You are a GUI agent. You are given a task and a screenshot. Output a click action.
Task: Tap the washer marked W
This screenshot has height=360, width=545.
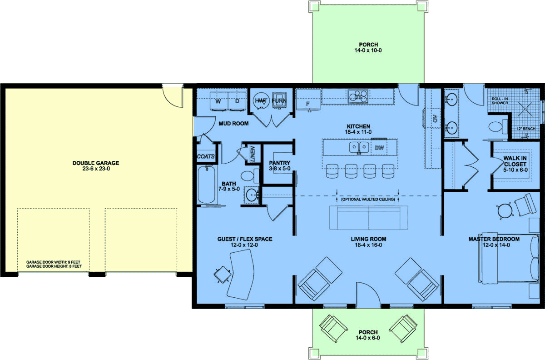218,101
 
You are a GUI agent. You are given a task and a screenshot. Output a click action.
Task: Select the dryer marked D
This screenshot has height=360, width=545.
237,101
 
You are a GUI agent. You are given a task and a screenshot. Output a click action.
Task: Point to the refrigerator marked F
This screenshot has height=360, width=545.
308,103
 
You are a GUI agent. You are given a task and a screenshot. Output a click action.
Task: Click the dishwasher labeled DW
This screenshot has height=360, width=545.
379,147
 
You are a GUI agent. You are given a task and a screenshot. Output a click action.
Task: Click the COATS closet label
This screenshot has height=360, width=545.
205,156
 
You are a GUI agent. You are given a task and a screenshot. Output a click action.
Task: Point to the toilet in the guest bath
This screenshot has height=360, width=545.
248,176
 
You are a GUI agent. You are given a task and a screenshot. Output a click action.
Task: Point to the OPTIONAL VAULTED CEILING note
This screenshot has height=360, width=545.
367,199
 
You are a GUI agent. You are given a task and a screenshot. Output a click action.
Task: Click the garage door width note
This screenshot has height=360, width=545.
54,262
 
